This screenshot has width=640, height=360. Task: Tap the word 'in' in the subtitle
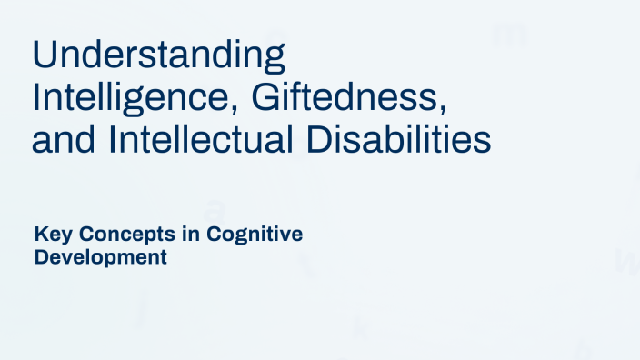(x=184, y=235)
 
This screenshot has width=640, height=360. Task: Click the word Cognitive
(x=255, y=235)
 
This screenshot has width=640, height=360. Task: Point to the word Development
(x=100, y=257)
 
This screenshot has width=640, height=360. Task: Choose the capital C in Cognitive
(x=215, y=235)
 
